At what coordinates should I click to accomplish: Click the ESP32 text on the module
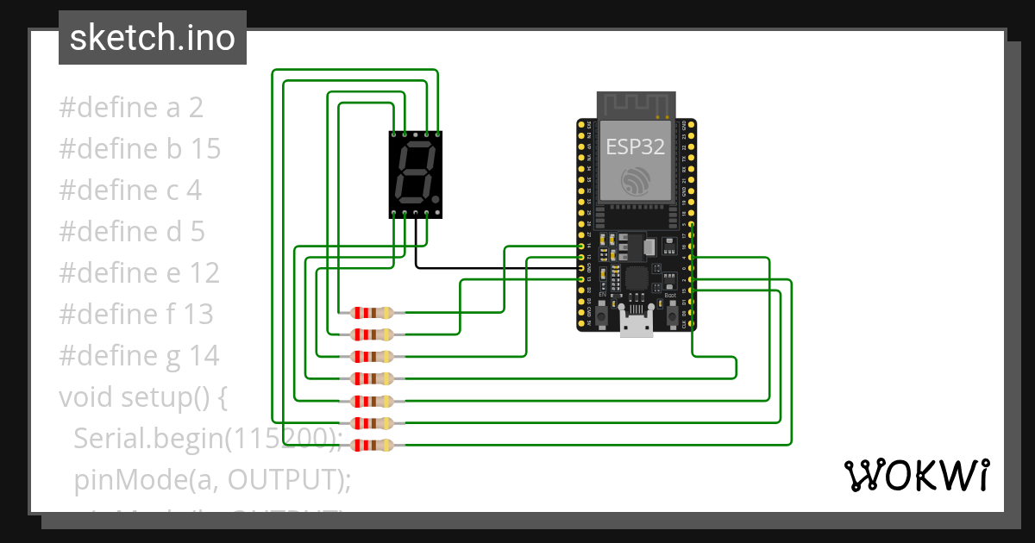(x=635, y=147)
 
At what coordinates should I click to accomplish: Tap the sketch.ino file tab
(x=153, y=38)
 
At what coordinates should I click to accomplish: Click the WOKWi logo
(x=915, y=475)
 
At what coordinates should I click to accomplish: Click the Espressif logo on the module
(x=636, y=181)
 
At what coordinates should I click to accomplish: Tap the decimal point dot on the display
(x=436, y=199)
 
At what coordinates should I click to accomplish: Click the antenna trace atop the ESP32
(x=636, y=106)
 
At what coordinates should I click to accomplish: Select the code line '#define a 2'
(x=131, y=108)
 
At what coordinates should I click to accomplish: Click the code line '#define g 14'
(x=139, y=355)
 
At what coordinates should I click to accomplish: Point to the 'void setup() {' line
(x=142, y=397)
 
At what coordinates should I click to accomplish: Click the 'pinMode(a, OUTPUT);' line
(x=212, y=479)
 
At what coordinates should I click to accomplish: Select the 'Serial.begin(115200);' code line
(x=208, y=439)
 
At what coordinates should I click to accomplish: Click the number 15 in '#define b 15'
(x=206, y=149)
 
